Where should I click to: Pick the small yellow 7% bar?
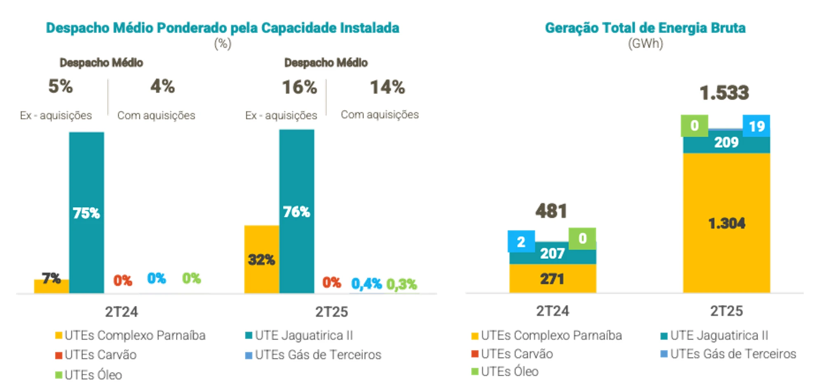(x=51, y=287)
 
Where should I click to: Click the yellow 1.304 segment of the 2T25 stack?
(x=726, y=223)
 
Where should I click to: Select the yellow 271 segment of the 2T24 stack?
(x=552, y=279)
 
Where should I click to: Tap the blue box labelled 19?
(x=756, y=126)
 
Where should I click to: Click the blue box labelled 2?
(x=521, y=242)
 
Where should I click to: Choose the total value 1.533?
(x=724, y=93)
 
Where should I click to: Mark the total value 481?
(x=551, y=211)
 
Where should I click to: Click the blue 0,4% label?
(x=366, y=283)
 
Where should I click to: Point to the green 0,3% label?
(x=401, y=284)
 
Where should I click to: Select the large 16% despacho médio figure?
(x=299, y=88)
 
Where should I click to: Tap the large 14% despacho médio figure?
(x=387, y=87)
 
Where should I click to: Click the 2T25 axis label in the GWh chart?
(x=726, y=311)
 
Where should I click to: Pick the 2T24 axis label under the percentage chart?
(x=121, y=312)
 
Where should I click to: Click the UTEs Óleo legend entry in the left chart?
(x=89, y=375)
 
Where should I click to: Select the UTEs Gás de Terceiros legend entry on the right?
(x=728, y=354)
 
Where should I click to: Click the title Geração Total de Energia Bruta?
(x=645, y=28)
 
